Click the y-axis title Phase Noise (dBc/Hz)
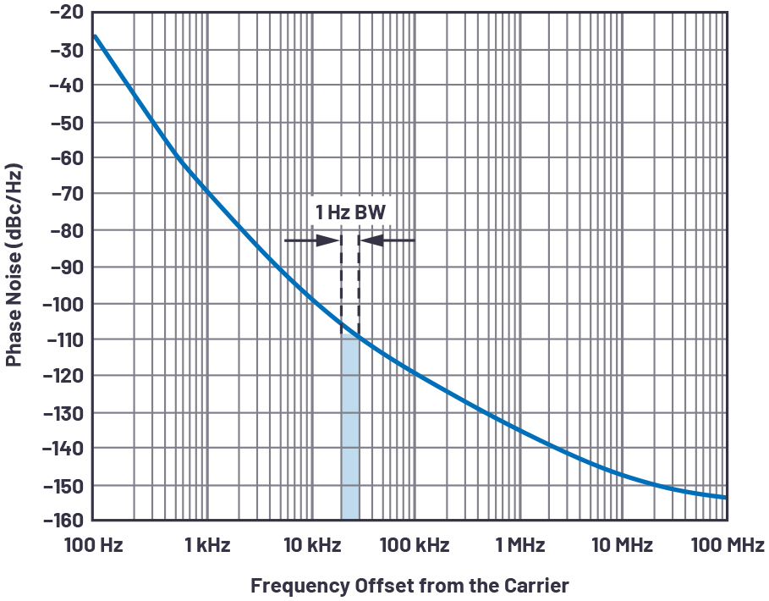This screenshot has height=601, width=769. click(x=14, y=268)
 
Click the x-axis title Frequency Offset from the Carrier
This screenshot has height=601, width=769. click(x=409, y=585)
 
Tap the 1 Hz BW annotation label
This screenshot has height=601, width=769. click(x=350, y=212)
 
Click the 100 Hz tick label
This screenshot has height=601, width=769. click(x=93, y=545)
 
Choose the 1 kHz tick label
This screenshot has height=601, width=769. click(x=207, y=545)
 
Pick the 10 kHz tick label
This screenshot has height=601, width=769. click(x=310, y=545)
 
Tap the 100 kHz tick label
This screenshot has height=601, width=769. click(x=414, y=545)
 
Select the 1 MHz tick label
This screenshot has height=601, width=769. click(x=519, y=545)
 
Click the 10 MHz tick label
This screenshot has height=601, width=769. click(x=622, y=545)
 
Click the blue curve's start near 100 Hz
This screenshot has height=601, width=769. click(x=95, y=36)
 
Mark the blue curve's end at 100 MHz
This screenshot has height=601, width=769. click(x=725, y=497)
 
